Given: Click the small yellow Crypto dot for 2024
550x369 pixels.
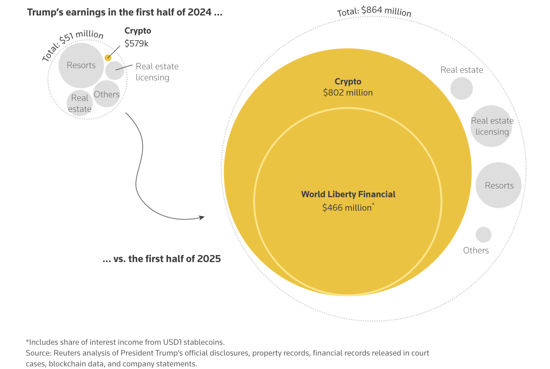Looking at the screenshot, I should (108, 58).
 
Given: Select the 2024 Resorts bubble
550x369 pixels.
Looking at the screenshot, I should (81, 65).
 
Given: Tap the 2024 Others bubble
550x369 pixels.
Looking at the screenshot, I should (107, 94).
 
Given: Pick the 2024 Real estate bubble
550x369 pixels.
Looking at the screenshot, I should (80, 103).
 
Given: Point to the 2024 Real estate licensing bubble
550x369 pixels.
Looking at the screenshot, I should (115, 70).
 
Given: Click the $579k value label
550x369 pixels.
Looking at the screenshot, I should (136, 44).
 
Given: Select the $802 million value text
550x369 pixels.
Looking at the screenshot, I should (348, 93).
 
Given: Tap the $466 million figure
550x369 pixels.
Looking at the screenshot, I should (347, 208).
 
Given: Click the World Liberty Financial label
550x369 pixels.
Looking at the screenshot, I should (348, 194).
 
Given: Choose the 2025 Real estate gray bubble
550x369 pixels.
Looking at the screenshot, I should (461, 89).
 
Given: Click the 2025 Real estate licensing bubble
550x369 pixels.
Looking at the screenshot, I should (491, 126).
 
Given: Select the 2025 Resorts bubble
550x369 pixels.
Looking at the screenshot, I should (499, 185).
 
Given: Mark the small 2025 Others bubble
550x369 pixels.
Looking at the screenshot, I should (483, 235).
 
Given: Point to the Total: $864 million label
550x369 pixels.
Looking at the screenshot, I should (374, 11).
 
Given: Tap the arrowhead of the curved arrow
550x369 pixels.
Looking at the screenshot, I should (202, 217).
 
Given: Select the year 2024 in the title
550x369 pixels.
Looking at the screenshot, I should (200, 12).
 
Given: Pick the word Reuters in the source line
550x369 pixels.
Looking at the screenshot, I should (67, 353).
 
